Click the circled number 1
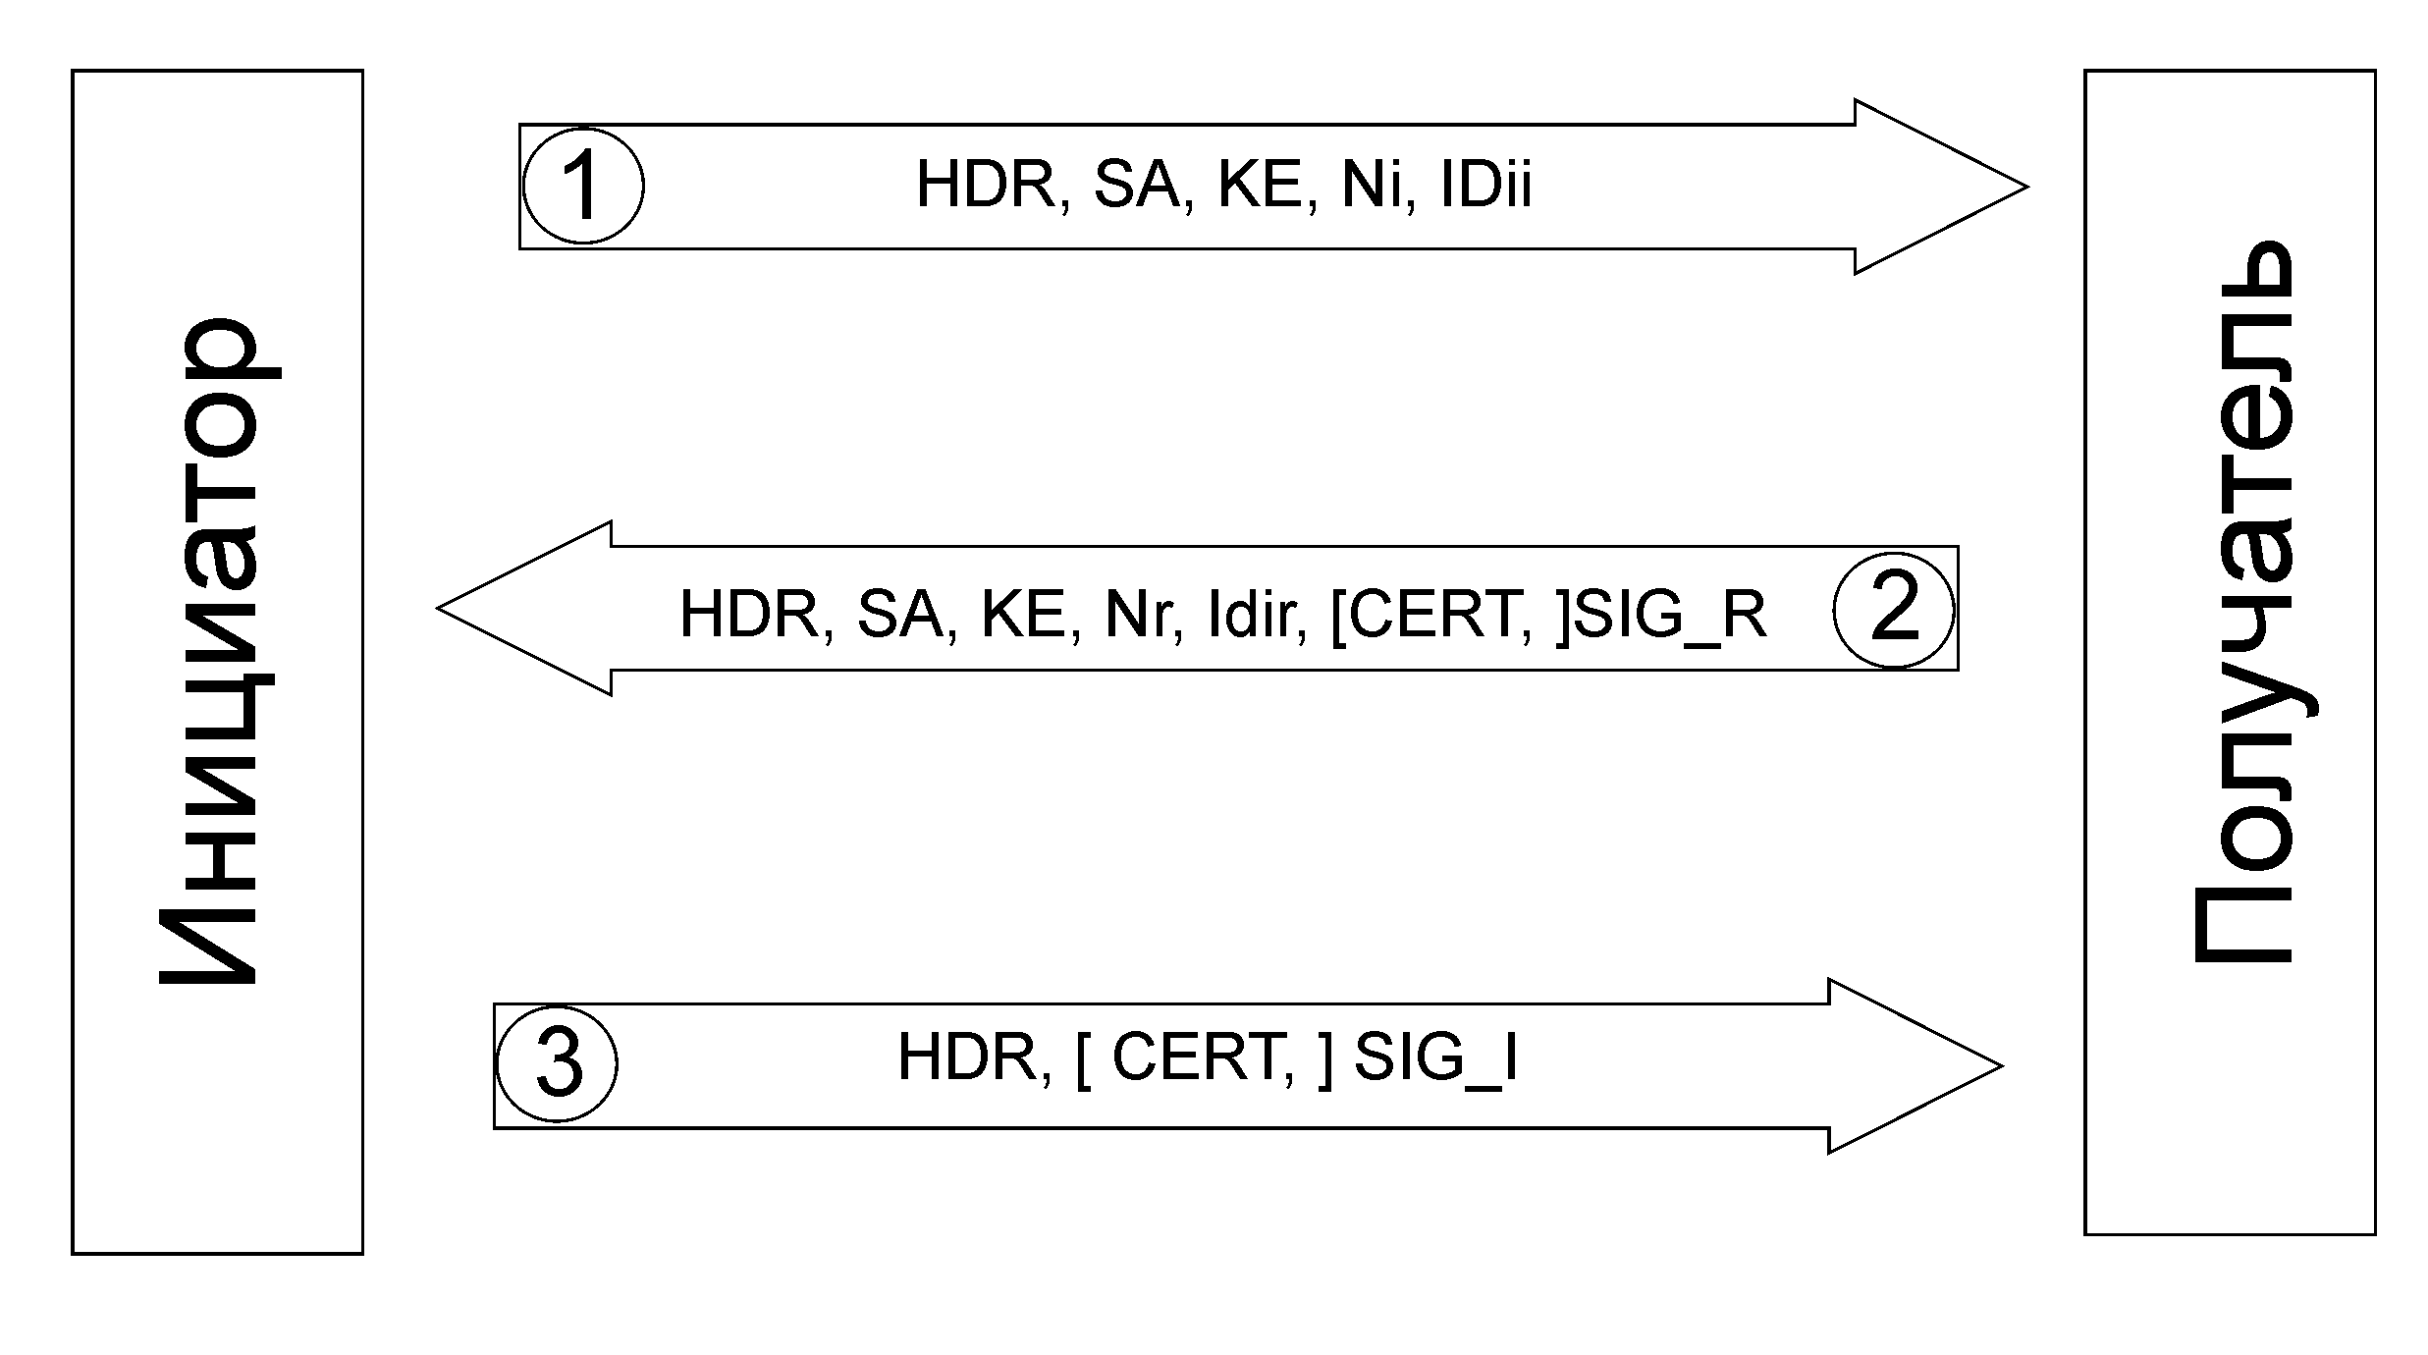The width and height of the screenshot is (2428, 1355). (583, 186)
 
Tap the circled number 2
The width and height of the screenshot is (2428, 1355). (1894, 610)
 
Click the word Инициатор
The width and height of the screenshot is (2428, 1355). (218, 650)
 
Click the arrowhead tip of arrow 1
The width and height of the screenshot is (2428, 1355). (2027, 187)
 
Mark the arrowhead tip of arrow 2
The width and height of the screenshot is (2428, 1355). (438, 609)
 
